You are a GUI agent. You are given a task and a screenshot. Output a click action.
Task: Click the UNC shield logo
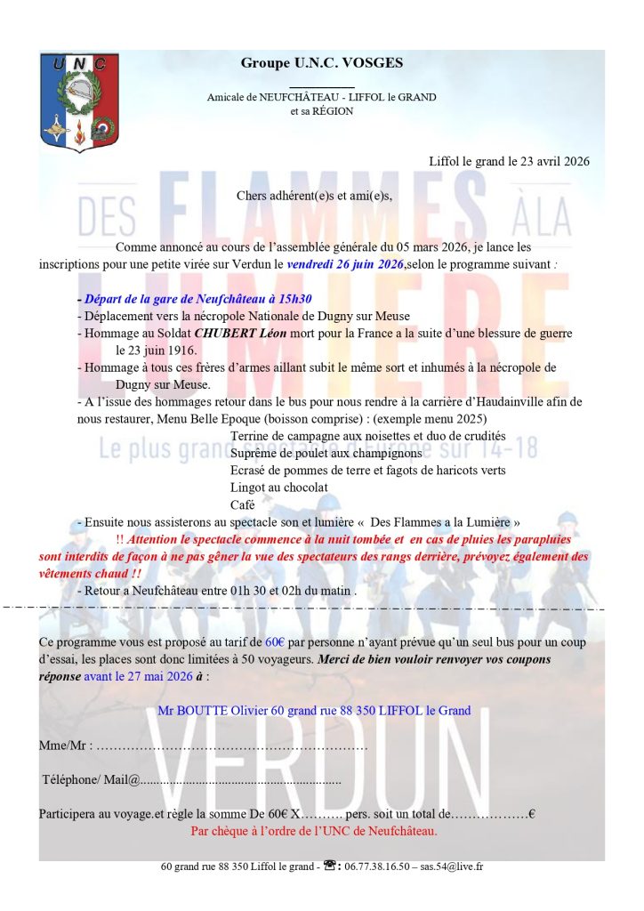(79, 101)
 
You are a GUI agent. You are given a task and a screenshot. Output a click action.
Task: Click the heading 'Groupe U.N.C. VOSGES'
(321, 62)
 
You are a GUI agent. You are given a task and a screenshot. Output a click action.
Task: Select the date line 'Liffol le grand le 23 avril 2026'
(509, 161)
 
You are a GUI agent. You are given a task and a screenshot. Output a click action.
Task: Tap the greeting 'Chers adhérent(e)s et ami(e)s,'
(314, 195)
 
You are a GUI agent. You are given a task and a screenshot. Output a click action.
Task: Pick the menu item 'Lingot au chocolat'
(278, 488)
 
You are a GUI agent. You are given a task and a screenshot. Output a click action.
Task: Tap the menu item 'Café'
(242, 504)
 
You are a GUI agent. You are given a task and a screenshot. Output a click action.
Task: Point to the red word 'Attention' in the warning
(155, 539)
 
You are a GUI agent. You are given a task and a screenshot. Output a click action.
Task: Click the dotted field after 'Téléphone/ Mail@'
(240, 780)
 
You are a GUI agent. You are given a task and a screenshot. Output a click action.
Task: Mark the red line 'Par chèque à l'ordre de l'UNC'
(314, 831)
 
